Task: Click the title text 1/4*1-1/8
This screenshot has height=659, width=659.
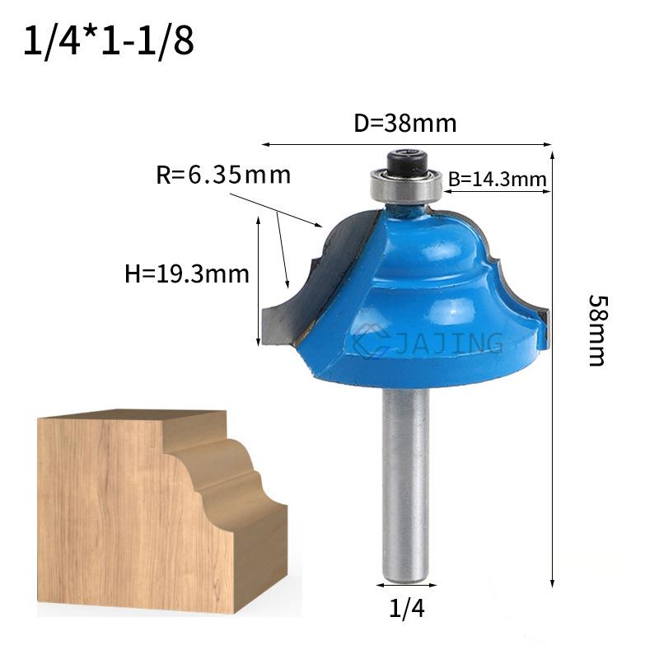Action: coord(109,41)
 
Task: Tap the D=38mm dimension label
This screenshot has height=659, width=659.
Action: coord(405,124)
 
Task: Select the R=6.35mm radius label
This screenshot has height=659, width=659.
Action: coord(223,175)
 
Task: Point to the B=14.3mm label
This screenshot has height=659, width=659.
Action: coord(498,180)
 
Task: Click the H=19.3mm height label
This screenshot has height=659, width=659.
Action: coord(187,274)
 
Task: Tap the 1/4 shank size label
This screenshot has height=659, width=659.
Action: coord(407,608)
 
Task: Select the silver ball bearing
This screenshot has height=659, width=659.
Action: coord(406,185)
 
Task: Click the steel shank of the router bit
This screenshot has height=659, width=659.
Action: coord(406,484)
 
